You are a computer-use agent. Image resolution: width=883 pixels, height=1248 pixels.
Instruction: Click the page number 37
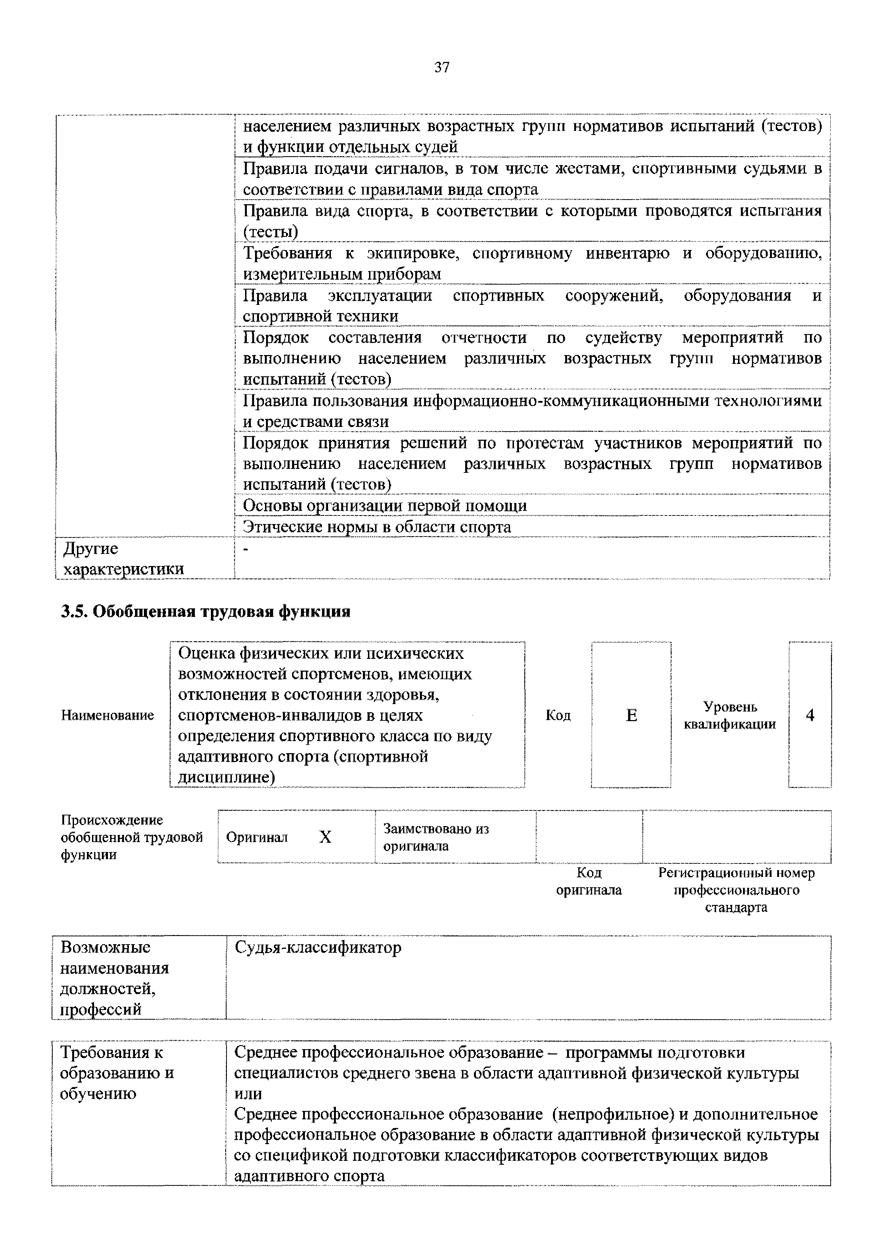coord(441,67)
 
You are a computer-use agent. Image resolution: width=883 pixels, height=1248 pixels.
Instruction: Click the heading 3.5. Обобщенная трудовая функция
coord(206,612)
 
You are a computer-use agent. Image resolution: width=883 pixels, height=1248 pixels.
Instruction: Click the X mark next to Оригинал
coord(325,837)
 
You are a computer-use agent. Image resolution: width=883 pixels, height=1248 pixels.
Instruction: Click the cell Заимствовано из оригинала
coord(435,837)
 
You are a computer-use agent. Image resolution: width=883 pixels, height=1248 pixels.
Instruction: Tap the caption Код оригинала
coord(589,881)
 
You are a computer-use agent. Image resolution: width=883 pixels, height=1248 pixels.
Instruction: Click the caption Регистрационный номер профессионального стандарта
coord(736,890)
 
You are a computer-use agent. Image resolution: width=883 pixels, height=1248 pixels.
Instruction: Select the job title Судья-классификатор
coord(318,947)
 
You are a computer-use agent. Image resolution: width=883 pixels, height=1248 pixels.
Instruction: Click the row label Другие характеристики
coord(123,558)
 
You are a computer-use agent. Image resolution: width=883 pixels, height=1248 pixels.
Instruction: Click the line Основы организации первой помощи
coord(385,506)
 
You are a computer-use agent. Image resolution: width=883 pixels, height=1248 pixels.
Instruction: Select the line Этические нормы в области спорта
coord(376,527)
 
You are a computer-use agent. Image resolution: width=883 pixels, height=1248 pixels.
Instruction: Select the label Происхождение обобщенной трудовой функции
coord(131,837)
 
